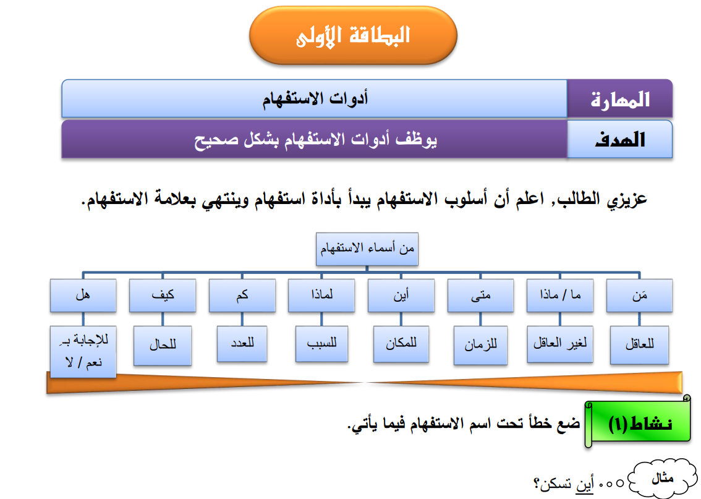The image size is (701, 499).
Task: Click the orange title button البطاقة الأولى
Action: coord(353,35)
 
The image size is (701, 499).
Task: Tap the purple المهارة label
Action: coord(619,99)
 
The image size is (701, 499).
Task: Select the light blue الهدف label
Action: coord(619,139)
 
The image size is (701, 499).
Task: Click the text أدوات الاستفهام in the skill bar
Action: coord(315,98)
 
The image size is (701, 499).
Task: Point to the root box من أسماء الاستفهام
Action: coord(367,249)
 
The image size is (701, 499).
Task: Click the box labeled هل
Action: coord(83,295)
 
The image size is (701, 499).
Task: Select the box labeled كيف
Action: coord(163,295)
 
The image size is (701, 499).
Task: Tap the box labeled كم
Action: coord(242,295)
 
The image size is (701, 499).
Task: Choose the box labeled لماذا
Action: coord(321,295)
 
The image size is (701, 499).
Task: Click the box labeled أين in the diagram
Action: coord(401,295)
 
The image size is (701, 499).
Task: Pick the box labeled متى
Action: coord(480,295)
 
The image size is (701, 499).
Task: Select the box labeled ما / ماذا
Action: coord(560,295)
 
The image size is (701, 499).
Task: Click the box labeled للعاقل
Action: coord(639,345)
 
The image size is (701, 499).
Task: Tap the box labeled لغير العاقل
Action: coord(560,344)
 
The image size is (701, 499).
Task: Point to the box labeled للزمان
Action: coord(480,345)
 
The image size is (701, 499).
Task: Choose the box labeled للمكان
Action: coord(401,344)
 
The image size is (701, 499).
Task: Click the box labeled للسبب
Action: coord(321,344)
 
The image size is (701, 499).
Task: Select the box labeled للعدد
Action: coord(242,344)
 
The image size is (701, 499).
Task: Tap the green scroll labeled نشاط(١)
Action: coord(638,422)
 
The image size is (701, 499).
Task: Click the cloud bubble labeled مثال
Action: coord(663,479)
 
